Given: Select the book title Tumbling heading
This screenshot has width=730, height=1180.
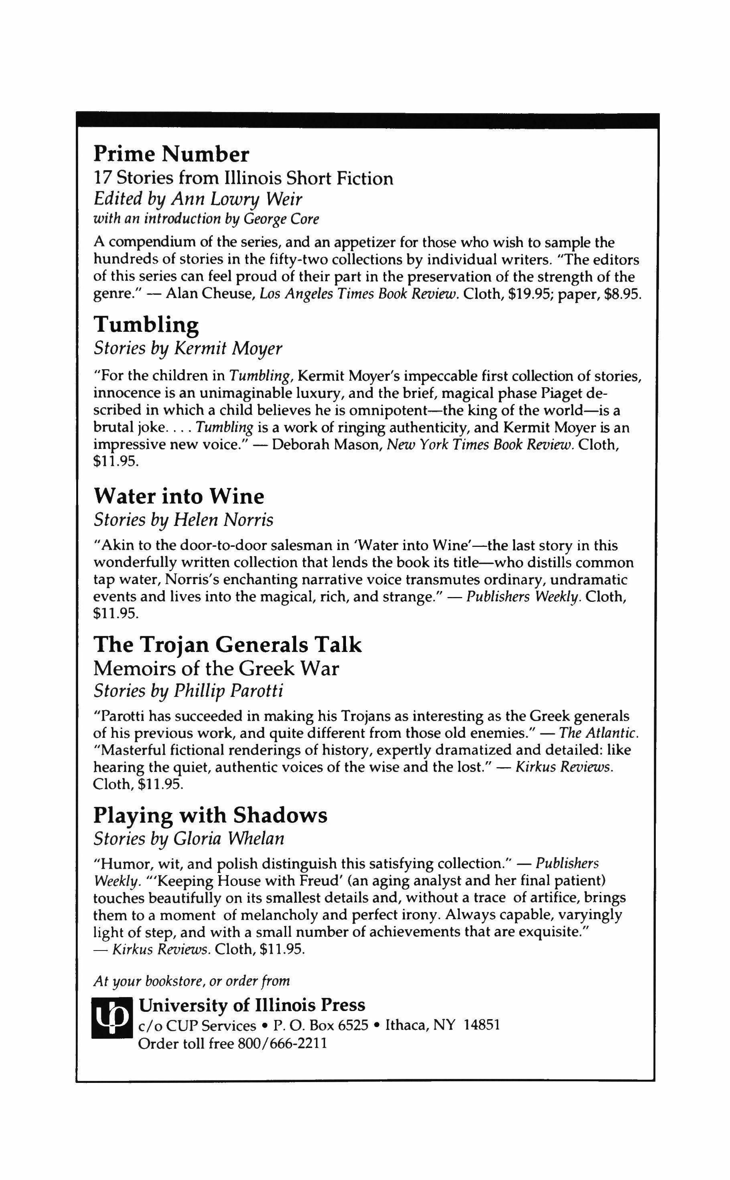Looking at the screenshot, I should click(x=146, y=325).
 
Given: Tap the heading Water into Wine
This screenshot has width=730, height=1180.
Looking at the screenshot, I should click(x=179, y=496).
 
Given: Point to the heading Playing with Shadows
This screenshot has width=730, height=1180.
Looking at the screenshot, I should click(x=210, y=816).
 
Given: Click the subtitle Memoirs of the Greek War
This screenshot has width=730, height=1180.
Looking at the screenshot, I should click(x=216, y=669).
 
